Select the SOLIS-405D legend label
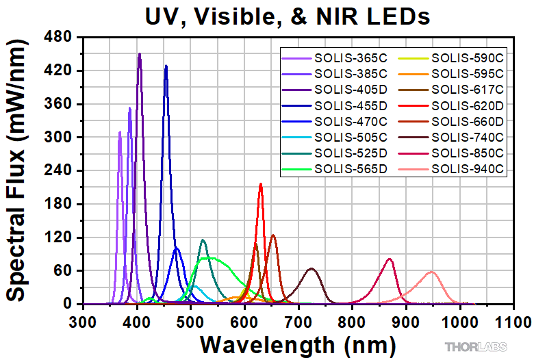point(351,89)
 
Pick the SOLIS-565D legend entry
point(351,168)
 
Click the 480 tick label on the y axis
point(59,38)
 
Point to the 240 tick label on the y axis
point(59,171)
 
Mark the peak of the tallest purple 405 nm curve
point(140,54)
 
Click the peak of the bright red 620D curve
point(260,183)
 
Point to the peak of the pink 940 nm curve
point(431,272)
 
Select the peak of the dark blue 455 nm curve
point(166,66)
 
